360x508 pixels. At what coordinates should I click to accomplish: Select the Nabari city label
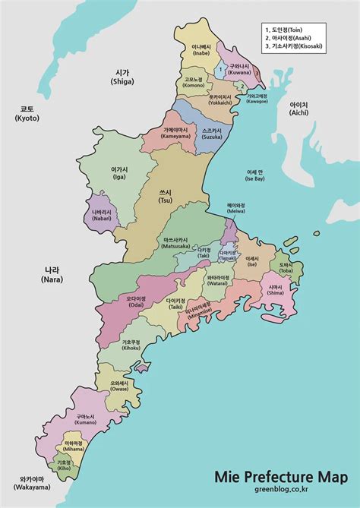(100, 215)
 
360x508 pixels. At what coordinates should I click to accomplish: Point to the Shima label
(275, 291)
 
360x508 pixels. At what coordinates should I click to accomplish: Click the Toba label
(286, 267)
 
